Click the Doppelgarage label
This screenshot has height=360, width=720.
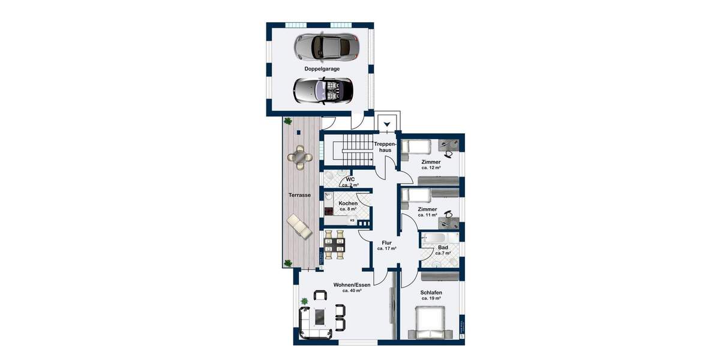(322, 69)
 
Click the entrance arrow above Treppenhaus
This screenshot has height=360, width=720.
(388, 125)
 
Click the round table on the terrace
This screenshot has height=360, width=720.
(299, 157)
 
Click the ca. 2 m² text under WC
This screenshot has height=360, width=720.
(350, 185)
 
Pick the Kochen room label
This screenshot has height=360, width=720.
(348, 203)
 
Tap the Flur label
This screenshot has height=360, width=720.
(386, 243)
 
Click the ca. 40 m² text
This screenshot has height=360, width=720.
(352, 290)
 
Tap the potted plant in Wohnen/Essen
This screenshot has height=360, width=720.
(304, 301)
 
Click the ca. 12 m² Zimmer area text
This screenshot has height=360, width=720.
(431, 168)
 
